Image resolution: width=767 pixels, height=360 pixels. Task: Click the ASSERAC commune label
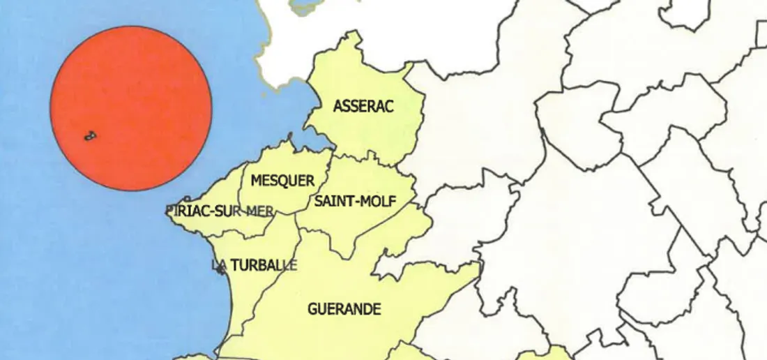[x=363, y=107]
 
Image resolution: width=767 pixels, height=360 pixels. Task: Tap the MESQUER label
[x=282, y=181]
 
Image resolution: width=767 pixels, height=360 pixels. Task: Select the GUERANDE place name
[x=344, y=308]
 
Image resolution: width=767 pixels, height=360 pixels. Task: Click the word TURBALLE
[x=264, y=265]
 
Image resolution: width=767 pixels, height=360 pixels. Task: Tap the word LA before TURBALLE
[x=219, y=265]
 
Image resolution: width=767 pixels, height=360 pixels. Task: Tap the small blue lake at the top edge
[x=305, y=8]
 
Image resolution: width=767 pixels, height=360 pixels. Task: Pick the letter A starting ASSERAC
[x=337, y=107]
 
